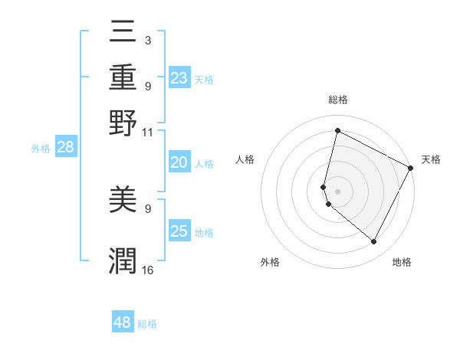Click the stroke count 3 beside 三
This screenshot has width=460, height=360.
click(147, 41)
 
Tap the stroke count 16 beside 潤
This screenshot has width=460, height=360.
click(147, 270)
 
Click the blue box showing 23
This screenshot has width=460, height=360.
click(179, 77)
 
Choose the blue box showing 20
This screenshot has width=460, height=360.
click(179, 162)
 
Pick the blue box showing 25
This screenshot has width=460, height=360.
click(179, 231)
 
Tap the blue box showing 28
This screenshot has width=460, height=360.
click(65, 148)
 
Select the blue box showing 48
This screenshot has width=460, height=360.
click(123, 322)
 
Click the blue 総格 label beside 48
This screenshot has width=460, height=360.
click(147, 324)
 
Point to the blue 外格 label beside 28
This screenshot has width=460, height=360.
click(41, 149)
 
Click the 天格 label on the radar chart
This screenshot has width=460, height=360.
click(431, 159)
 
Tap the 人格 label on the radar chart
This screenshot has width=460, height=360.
click(245, 159)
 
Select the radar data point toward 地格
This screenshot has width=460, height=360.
click(374, 242)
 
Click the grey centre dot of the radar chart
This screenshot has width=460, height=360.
click(337, 191)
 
